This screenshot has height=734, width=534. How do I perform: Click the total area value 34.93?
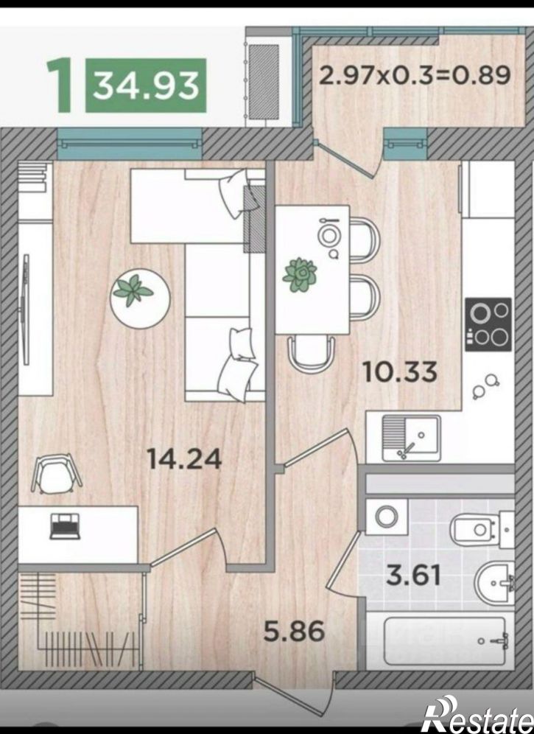[145, 85]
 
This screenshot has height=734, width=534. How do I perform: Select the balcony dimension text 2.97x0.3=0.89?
[415, 75]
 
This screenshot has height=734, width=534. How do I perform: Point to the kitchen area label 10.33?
[400, 371]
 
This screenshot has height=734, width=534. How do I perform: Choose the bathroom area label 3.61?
[414, 574]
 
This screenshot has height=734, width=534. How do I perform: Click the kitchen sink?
[411, 438]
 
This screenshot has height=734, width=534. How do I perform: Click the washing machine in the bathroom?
[386, 516]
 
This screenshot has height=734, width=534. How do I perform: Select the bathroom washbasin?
[494, 583]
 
